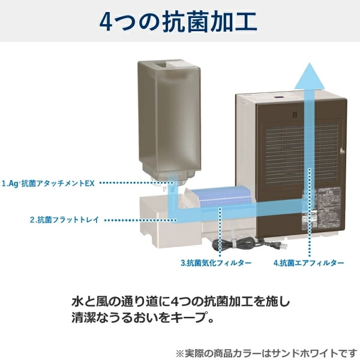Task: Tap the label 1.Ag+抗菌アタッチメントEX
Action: (x=47, y=183)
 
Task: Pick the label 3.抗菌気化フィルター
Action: (x=215, y=263)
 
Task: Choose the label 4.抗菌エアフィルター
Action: (x=308, y=263)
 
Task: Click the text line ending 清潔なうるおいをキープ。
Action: (x=142, y=317)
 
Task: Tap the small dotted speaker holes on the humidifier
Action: (x=294, y=113)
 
